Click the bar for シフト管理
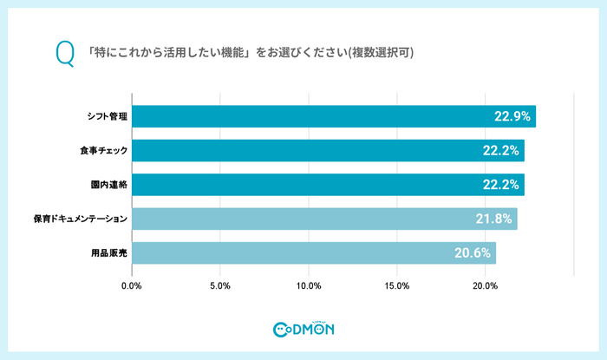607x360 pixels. coord(334,116)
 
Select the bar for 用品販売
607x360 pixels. coord(314,253)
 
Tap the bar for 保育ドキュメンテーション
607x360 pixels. coord(324,219)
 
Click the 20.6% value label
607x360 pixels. coord(473,253)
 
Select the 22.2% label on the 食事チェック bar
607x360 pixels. coord(500,151)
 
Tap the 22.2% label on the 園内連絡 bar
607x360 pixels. coord(500,185)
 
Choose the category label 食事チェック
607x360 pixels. coord(102,151)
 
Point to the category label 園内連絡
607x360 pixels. coord(108,185)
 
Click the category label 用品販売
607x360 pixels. coord(108,253)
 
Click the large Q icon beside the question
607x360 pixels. coord(63,53)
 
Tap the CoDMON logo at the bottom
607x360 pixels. coord(303,329)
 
